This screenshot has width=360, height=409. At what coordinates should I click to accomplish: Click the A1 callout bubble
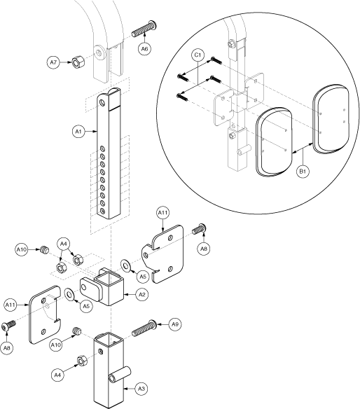78,132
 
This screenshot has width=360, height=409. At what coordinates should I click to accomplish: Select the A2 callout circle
142,295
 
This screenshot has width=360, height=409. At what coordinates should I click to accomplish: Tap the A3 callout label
141,389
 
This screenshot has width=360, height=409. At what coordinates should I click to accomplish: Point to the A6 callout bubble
145,49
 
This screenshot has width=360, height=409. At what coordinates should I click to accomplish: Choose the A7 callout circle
53,62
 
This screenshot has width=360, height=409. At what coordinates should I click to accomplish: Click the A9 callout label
175,324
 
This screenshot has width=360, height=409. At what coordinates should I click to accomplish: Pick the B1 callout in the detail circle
303,172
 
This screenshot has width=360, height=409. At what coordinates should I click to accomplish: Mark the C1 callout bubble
198,55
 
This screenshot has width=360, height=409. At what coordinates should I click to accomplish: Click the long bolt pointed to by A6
144,29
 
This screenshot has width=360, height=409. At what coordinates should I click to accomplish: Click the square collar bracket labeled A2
104,286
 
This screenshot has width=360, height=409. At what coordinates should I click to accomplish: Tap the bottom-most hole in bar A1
103,211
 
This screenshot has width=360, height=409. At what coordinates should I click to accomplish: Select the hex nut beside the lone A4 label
82,360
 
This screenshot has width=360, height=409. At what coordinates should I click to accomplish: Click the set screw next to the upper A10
45,249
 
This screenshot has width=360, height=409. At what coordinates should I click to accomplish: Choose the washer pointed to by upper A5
126,266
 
